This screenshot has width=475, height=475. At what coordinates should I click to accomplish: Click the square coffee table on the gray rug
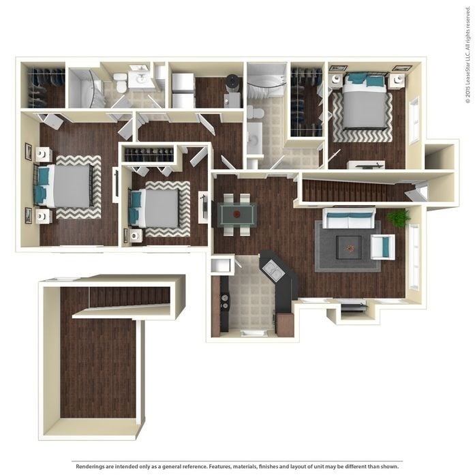[x=349, y=245]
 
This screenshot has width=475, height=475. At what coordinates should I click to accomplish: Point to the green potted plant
[x=399, y=217]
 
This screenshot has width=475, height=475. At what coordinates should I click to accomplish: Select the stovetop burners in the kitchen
[x=223, y=301]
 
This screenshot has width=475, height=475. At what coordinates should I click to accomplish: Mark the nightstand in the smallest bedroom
[x=134, y=236]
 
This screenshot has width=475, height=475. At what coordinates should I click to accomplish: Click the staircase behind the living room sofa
[x=354, y=191]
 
